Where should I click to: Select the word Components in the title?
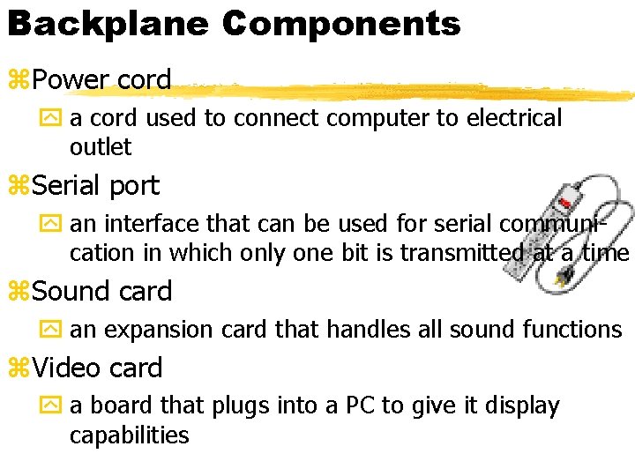(341, 24)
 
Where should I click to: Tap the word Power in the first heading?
(71, 79)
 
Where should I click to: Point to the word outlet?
(101, 147)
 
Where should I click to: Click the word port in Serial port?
(135, 186)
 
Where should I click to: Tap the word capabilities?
(129, 435)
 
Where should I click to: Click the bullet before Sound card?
(19, 292)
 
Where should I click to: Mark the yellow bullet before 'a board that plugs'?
(56, 406)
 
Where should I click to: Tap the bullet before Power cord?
(19, 80)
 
